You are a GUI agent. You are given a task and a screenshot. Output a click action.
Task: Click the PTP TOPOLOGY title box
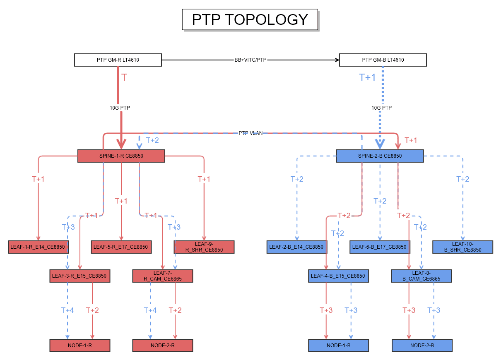pyautogui.click(x=250, y=19)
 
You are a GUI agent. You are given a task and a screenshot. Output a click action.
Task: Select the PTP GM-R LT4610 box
pyautogui.click(x=118, y=60)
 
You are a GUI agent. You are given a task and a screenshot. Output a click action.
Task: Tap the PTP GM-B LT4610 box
pyautogui.click(x=383, y=60)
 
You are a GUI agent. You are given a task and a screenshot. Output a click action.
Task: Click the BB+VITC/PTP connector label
pyautogui.click(x=250, y=60)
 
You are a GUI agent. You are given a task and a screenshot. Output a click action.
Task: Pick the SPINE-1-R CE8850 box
pyautogui.click(x=121, y=156)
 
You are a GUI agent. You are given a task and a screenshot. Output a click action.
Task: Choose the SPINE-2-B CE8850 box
pyautogui.click(x=380, y=156)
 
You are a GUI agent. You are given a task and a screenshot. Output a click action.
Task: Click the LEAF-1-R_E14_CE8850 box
pyautogui.click(x=38, y=247)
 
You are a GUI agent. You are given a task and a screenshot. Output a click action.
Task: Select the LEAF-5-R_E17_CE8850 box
pyautogui.click(x=121, y=247)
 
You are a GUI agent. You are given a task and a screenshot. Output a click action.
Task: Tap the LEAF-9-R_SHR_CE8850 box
pyautogui.click(x=204, y=247)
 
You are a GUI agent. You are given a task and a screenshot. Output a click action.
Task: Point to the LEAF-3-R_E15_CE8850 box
pyautogui.click(x=79, y=276)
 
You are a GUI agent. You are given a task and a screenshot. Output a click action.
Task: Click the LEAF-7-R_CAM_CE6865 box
pyautogui.click(x=162, y=276)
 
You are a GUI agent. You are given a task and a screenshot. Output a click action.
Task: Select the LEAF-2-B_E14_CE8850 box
pyautogui.click(x=296, y=247)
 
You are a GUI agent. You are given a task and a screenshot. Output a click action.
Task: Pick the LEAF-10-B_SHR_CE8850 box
pyautogui.click(x=463, y=247)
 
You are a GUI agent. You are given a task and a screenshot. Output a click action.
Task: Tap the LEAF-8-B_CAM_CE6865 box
pyautogui.click(x=421, y=276)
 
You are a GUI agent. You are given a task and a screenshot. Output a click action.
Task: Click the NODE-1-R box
pyautogui.click(x=80, y=345)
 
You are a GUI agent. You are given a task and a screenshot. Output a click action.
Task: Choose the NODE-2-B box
pyautogui.click(x=422, y=345)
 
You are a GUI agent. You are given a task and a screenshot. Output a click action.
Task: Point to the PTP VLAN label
pyautogui.click(x=250, y=133)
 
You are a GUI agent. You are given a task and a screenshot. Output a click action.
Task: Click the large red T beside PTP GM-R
pyautogui.click(x=124, y=77)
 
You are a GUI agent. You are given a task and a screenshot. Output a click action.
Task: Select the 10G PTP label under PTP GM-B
pyautogui.click(x=381, y=108)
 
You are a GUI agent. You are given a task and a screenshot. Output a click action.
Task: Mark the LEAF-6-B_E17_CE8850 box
pyautogui.click(x=380, y=247)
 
